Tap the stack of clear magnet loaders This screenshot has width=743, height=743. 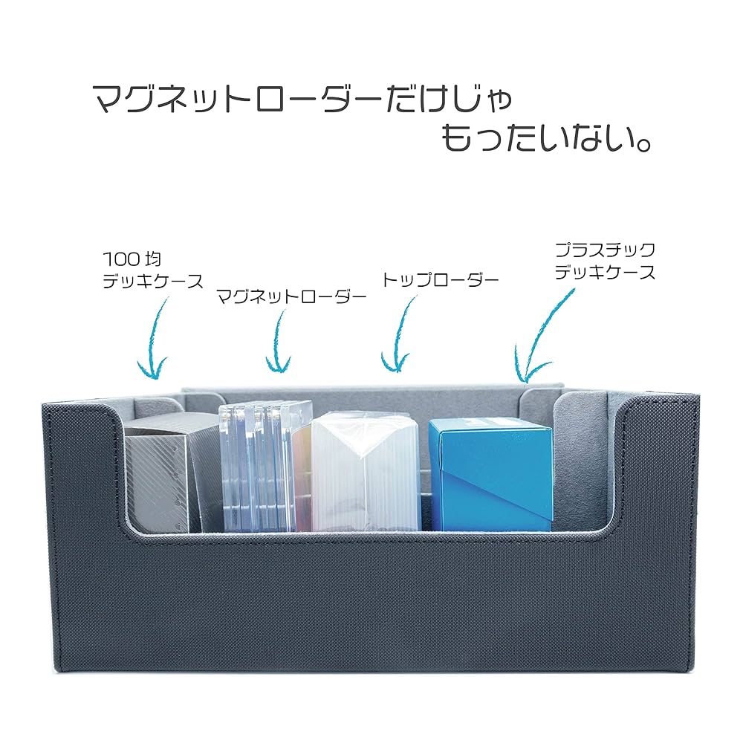pyautogui.click(x=260, y=468)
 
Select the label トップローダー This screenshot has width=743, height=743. pyautogui.click(x=440, y=280)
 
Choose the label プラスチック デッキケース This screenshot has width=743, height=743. pyautogui.click(x=606, y=261)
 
